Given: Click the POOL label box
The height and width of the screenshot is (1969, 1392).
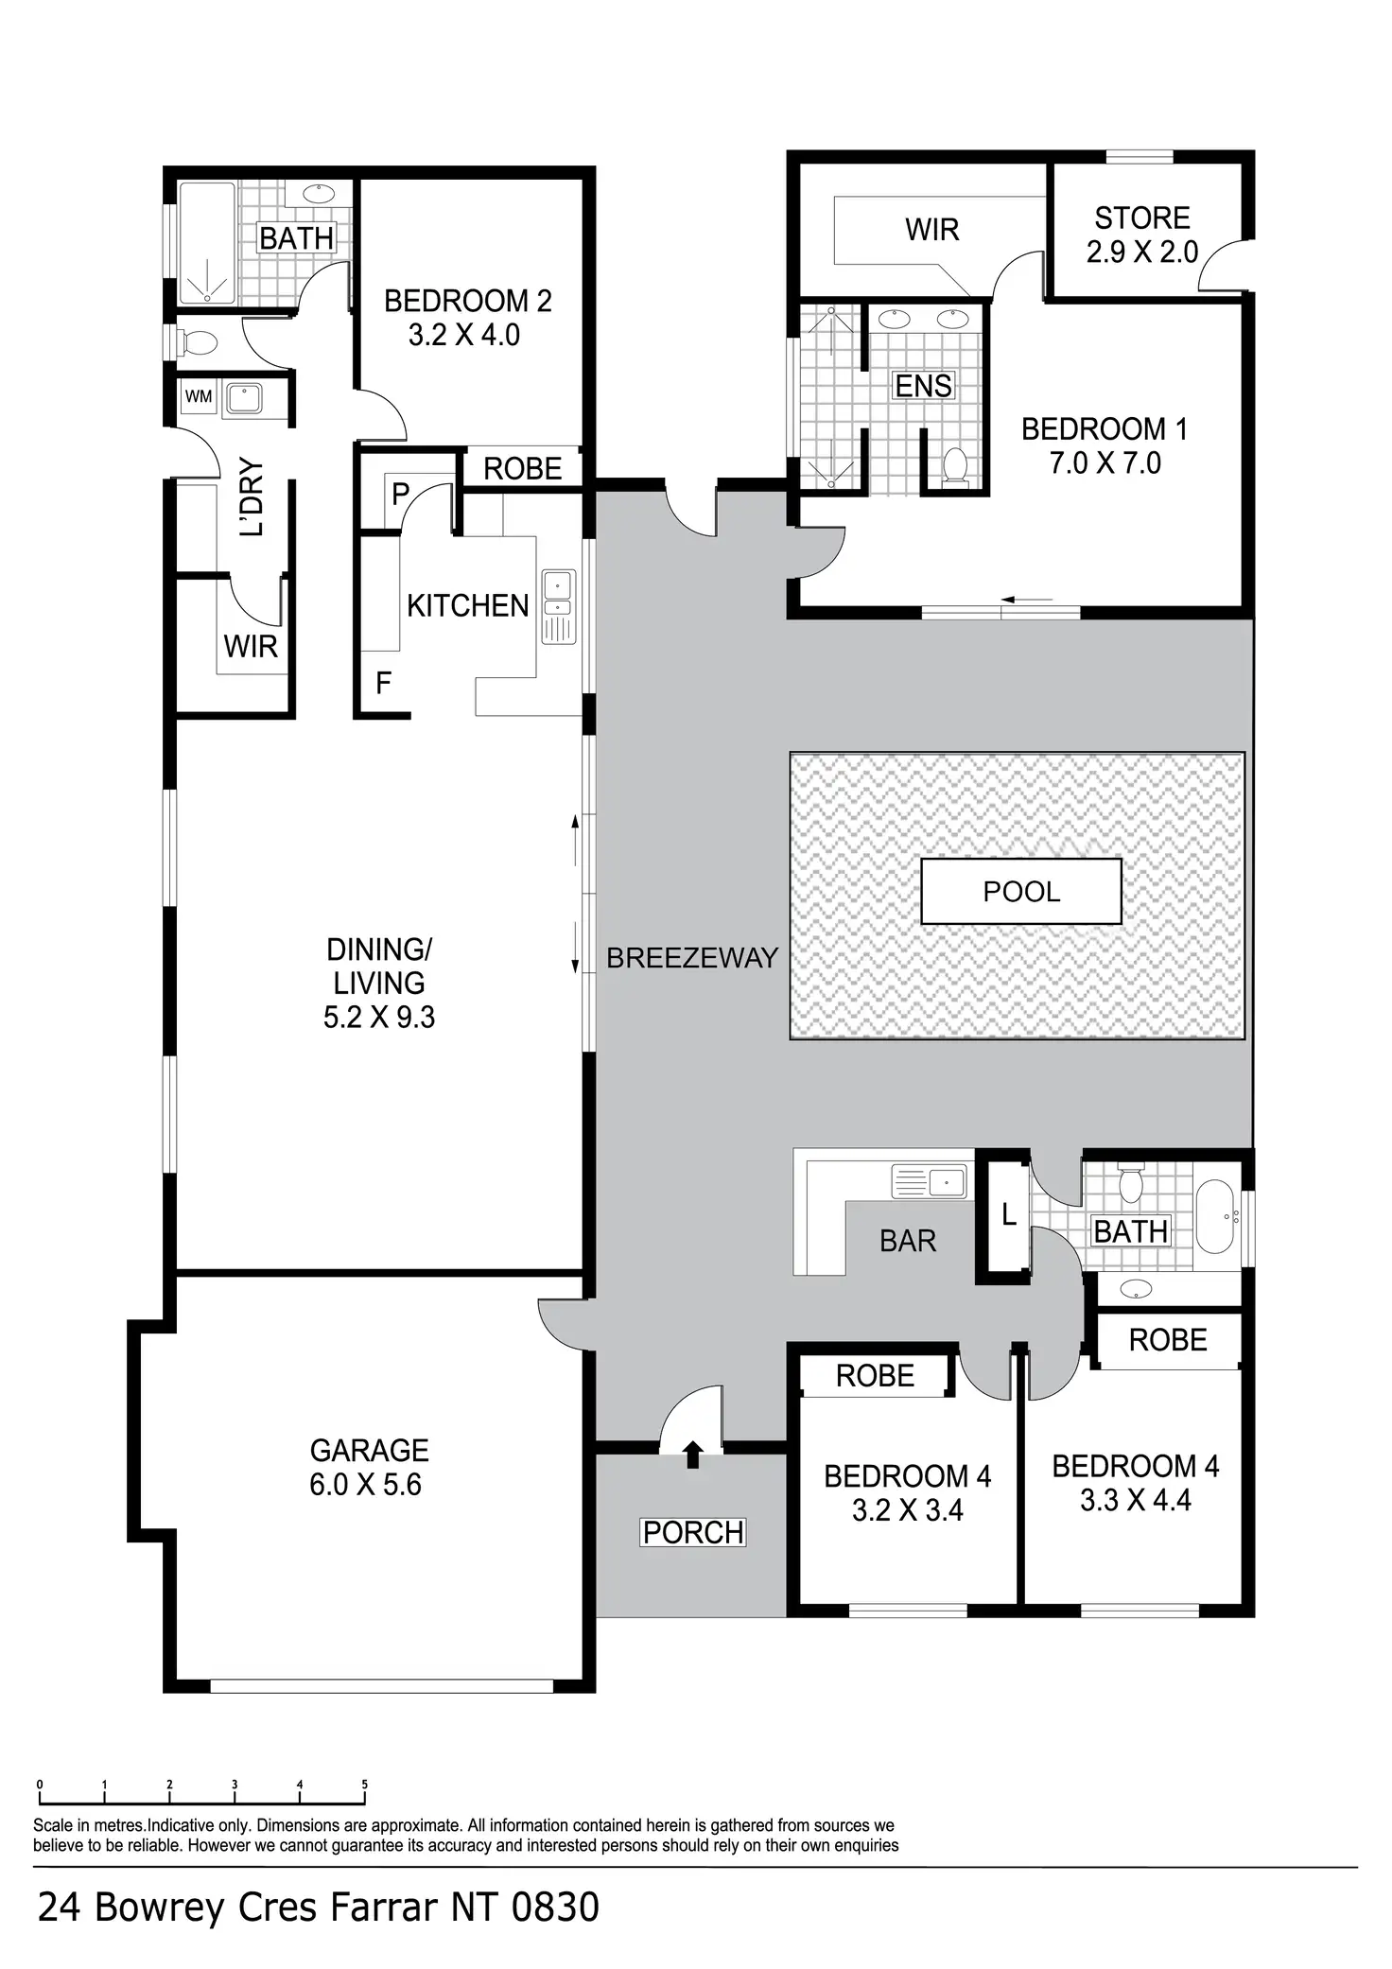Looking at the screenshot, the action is [1021, 891].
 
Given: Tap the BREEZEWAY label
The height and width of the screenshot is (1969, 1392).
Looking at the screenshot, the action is [691, 958].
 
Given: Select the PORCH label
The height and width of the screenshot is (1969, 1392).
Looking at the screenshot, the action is [693, 1532].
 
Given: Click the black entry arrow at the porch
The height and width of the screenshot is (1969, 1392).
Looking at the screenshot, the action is [692, 1454].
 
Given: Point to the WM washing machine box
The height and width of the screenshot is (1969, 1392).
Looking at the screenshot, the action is [199, 396].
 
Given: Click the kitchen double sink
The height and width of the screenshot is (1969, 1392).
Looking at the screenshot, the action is [558, 606].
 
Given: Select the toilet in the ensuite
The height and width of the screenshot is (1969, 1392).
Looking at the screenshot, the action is [955, 467].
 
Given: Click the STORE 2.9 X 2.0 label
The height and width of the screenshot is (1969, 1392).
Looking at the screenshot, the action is [1141, 235].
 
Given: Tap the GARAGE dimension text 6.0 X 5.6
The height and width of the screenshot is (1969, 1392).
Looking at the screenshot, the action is [365, 1485].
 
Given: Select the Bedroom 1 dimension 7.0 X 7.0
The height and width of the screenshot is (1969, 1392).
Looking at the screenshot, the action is [1105, 463].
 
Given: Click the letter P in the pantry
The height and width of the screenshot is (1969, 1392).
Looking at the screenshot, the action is [400, 494].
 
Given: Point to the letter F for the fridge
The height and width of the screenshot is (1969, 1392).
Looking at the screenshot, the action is [383, 683].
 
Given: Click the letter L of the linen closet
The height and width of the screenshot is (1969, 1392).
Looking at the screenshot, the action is [1009, 1215].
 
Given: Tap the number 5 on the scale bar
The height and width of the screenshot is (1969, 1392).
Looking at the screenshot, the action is [364, 1785].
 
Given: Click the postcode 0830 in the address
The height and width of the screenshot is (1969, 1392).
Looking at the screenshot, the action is [555, 1908].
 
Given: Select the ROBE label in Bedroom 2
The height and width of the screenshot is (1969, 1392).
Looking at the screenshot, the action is [522, 468].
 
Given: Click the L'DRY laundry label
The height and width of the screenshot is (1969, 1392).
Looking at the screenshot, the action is [252, 497].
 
